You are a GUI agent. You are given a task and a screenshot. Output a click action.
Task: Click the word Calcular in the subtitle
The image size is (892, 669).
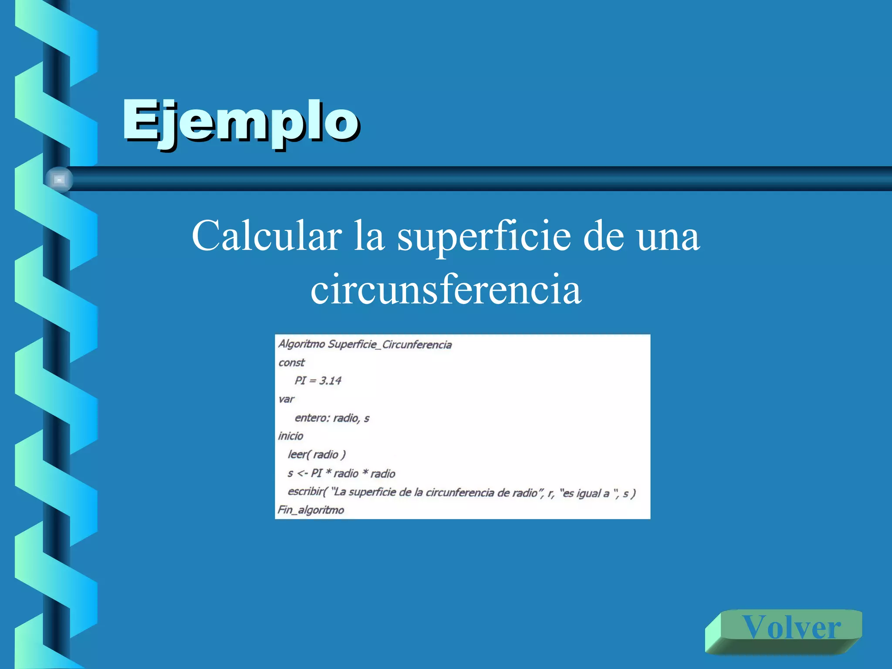[x=267, y=236]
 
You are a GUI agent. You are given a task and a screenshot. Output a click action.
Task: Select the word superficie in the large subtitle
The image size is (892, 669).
[x=483, y=236]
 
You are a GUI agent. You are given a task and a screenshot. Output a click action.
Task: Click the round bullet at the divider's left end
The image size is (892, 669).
[x=59, y=179]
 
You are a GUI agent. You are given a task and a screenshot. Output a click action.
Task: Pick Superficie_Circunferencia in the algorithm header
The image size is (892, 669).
[x=390, y=345]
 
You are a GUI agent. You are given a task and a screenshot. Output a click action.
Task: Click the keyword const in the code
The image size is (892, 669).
[x=291, y=362]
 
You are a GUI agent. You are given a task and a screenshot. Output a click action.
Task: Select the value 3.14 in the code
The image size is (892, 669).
[x=330, y=381]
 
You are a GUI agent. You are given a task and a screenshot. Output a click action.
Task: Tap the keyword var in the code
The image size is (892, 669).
[x=286, y=399]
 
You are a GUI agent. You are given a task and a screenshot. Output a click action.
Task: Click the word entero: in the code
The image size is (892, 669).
[x=312, y=418]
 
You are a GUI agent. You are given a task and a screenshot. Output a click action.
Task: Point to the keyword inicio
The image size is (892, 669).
[x=291, y=436]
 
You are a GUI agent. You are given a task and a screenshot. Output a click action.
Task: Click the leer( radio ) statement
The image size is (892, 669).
[x=317, y=455]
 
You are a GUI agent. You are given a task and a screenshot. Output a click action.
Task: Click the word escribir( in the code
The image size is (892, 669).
[x=307, y=492]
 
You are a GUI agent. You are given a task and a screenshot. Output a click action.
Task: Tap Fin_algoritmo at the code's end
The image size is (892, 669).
[x=311, y=510]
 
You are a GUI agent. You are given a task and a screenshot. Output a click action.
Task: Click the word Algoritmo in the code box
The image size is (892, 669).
[x=302, y=344]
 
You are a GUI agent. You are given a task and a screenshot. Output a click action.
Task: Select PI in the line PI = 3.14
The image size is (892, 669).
[x=300, y=381]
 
